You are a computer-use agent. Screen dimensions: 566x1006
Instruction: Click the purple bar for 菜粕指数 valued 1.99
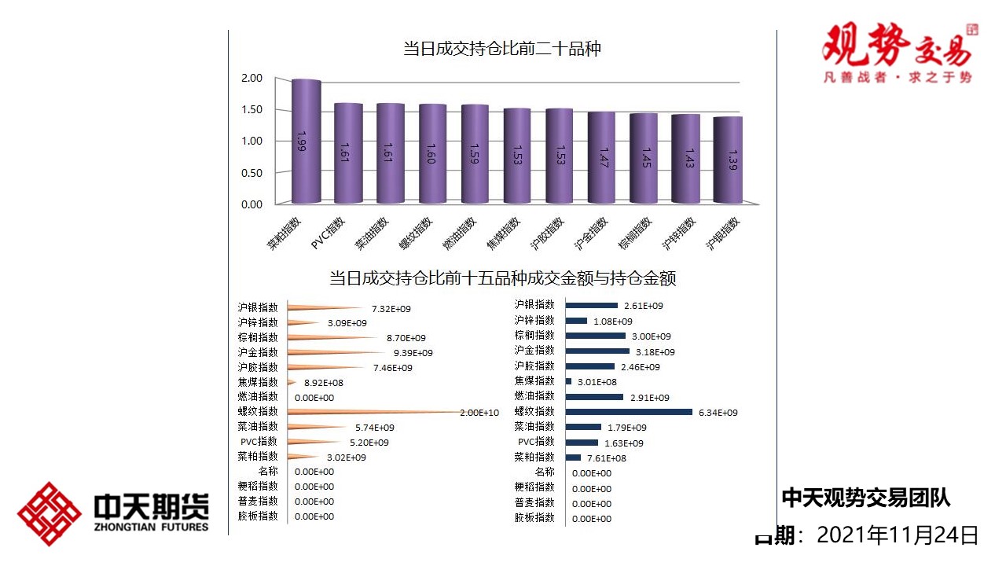pos(306,141)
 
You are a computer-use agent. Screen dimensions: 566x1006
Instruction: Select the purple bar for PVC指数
pos(348,153)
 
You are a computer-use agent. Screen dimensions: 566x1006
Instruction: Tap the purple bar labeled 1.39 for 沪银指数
pos(728,160)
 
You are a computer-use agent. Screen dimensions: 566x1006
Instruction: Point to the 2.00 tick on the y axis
pos(251,78)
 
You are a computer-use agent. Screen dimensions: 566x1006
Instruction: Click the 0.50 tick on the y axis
pos(251,172)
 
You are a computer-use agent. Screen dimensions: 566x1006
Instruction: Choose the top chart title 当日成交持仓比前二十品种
pos(502,49)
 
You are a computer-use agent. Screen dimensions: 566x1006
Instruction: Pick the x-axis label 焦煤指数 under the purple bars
pos(504,233)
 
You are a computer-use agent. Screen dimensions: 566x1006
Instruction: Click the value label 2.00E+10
pos(479,413)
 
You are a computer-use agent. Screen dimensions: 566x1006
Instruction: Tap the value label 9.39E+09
pos(413,353)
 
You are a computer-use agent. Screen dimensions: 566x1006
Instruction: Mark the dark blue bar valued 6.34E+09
pos(629,412)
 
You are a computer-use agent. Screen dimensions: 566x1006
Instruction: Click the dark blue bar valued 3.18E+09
pos(597,351)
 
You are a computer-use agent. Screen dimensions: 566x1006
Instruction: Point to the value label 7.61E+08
pos(605,458)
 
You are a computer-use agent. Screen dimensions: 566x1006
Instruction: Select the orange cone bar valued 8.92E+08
pos(292,382)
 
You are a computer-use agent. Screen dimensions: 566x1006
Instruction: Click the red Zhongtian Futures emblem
pos(50,514)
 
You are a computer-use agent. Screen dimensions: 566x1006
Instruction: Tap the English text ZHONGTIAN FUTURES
pos(151,527)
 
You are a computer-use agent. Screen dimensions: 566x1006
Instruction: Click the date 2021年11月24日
pos(898,536)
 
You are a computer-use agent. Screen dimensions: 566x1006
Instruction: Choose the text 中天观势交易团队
pos(865,498)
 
